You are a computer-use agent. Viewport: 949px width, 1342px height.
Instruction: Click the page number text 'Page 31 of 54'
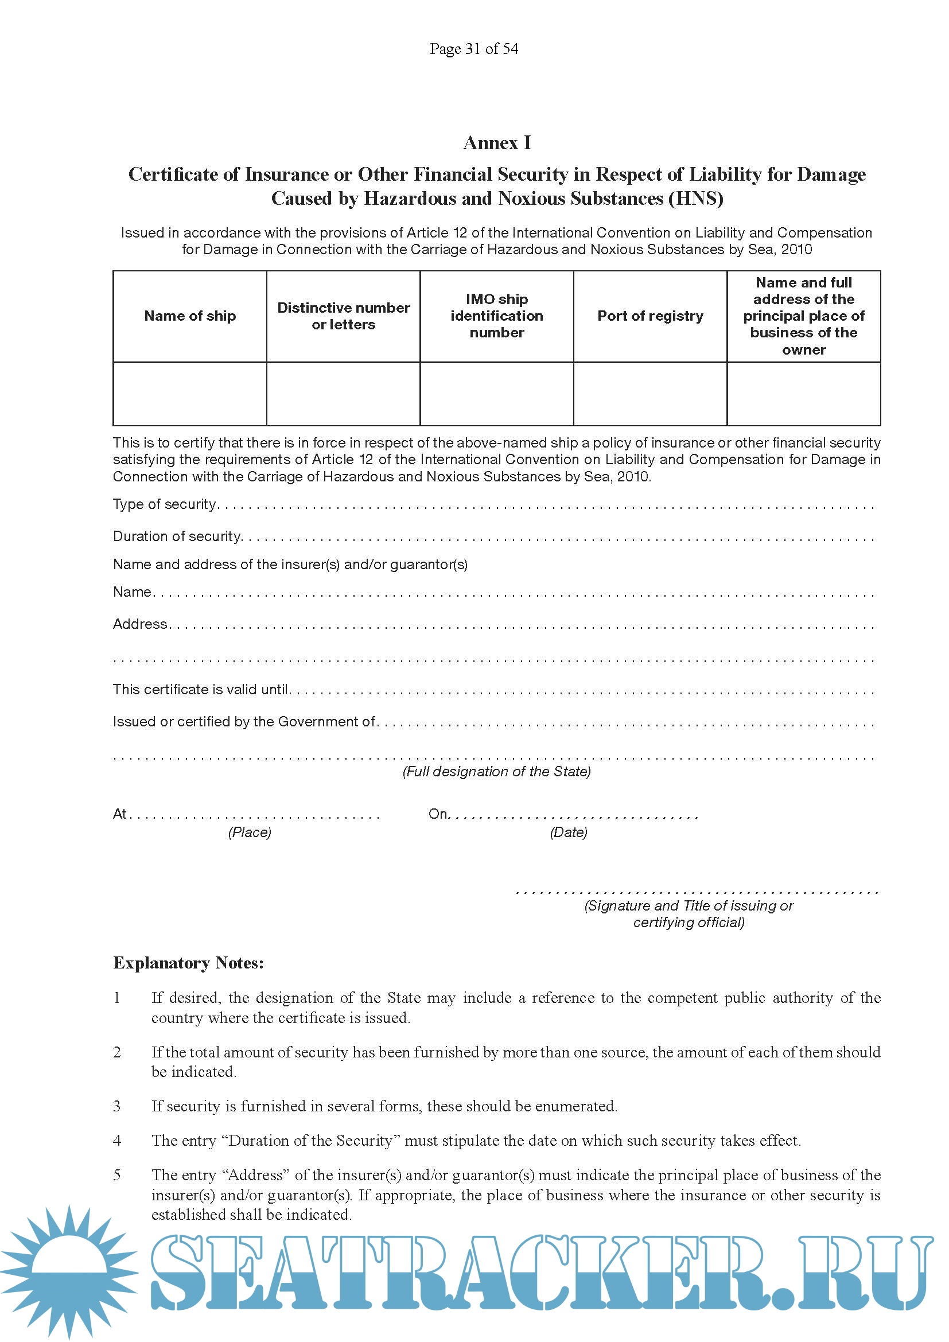point(474,49)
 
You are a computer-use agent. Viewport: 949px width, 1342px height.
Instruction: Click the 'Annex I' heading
point(497,143)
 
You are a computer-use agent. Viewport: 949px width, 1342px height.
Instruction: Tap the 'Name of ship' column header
point(190,316)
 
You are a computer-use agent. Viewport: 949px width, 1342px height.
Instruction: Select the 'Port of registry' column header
point(650,316)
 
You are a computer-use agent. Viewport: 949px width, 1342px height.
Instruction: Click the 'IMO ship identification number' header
point(497,316)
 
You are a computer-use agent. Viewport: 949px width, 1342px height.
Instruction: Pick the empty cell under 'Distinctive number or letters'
point(343,394)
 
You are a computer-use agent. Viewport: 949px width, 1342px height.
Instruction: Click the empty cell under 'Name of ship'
point(190,394)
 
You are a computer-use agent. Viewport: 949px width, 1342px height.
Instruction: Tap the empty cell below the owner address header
point(803,394)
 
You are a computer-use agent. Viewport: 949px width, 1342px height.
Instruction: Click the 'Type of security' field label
point(165,504)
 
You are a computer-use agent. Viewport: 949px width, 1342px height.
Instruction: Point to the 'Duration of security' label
point(177,536)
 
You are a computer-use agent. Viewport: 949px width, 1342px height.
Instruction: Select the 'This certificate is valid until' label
point(200,690)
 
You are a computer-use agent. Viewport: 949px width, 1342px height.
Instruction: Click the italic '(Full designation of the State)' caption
point(497,772)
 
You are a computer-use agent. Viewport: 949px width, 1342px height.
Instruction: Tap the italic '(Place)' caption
point(250,833)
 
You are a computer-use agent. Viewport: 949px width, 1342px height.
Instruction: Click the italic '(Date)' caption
point(569,833)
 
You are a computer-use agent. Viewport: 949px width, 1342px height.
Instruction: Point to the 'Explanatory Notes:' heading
point(188,963)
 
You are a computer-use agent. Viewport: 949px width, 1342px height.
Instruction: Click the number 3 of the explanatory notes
point(117,1106)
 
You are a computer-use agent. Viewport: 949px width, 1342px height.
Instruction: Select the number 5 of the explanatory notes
point(117,1176)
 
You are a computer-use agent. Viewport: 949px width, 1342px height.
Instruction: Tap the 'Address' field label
point(140,624)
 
